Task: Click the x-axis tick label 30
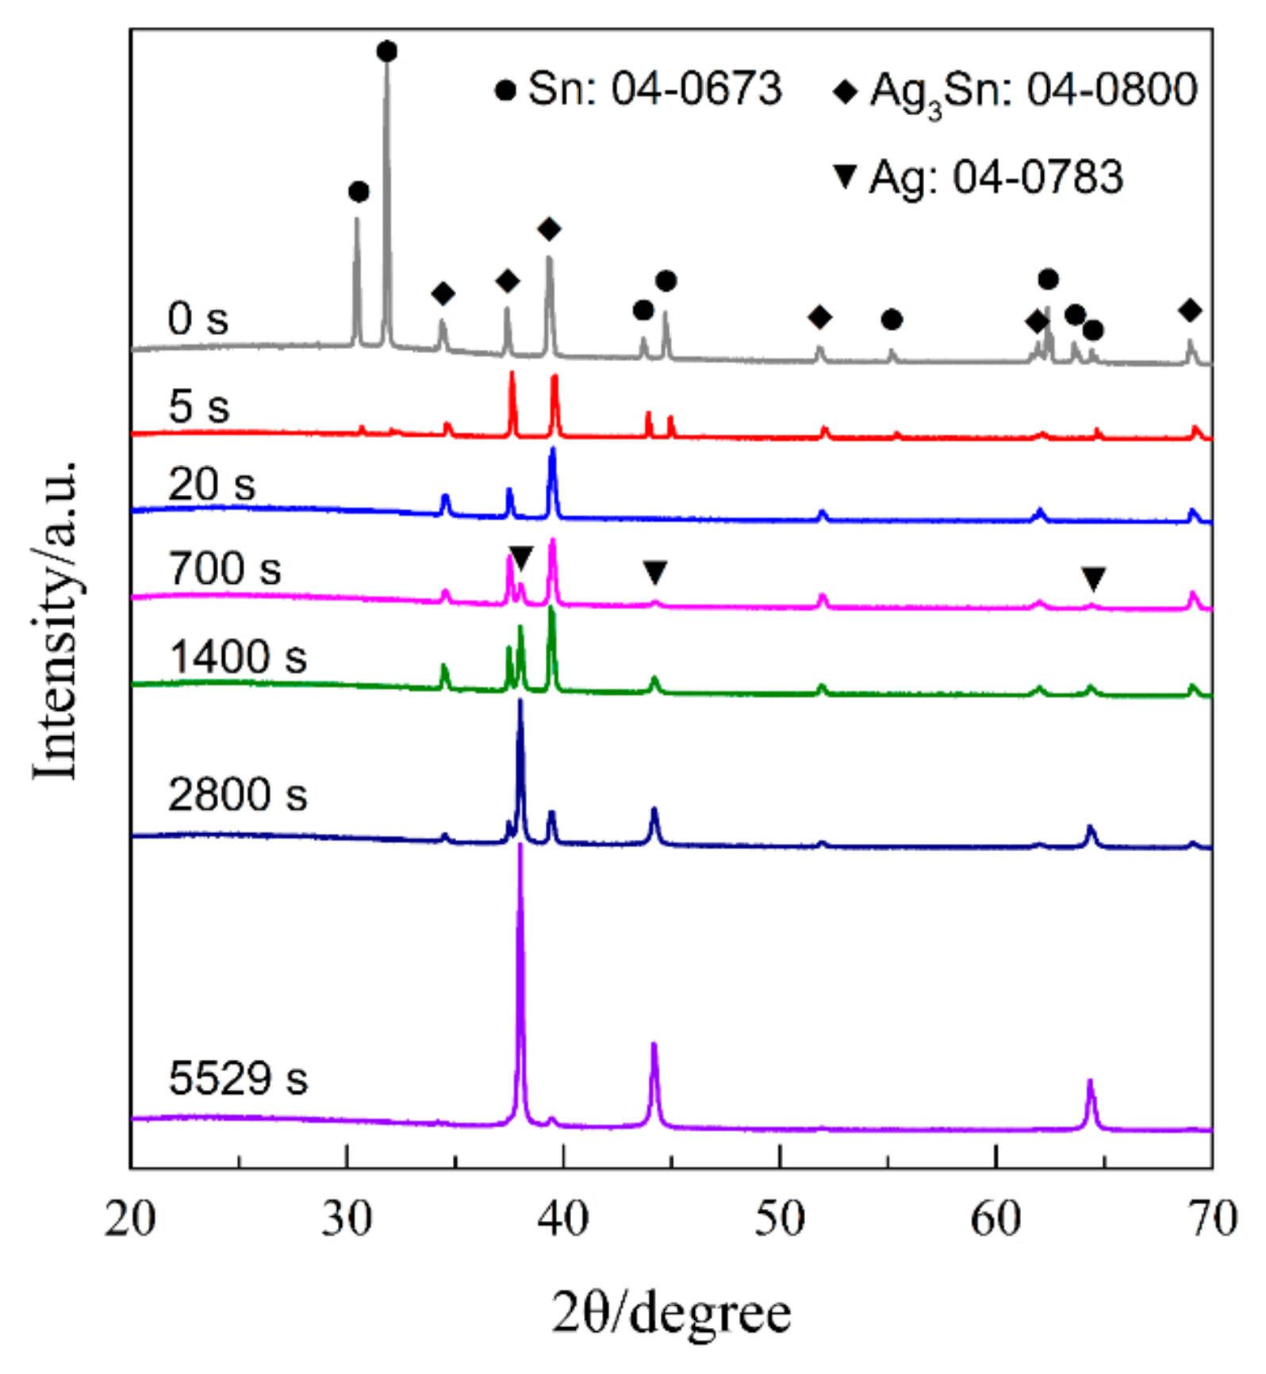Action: click(x=347, y=1219)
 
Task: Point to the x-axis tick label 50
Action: click(x=780, y=1219)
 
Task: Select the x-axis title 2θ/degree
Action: click(x=671, y=1313)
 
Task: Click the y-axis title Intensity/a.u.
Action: click(x=56, y=619)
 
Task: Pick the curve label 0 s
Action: click(x=198, y=319)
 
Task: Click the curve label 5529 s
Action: click(x=238, y=1078)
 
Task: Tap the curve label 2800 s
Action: click(x=237, y=794)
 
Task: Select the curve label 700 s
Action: click(x=224, y=569)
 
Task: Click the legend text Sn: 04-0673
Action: click(x=654, y=88)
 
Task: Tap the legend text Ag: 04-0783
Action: click(x=996, y=176)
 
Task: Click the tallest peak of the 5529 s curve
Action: click(x=520, y=847)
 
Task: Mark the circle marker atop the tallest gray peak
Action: click(x=387, y=52)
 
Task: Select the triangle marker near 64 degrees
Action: click(x=1094, y=578)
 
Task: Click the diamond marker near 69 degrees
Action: click(x=1190, y=310)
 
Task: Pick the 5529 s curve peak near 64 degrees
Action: click(x=1090, y=1082)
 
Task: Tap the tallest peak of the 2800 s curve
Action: click(x=520, y=703)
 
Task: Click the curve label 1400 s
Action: click(x=238, y=657)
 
